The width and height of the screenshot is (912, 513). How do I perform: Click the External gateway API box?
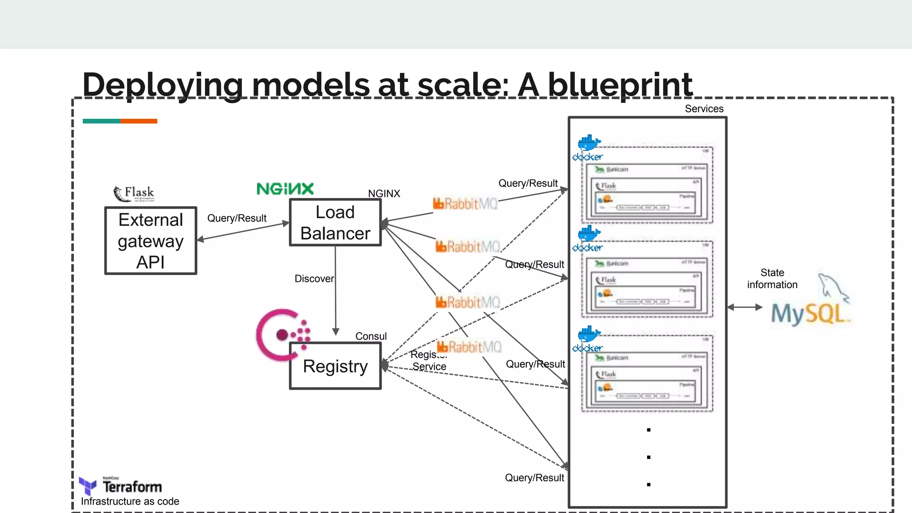click(x=151, y=240)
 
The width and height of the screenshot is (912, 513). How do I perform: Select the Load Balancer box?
click(x=335, y=222)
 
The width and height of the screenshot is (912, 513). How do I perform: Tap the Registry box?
click(x=335, y=366)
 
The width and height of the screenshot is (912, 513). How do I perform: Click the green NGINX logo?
click(x=285, y=189)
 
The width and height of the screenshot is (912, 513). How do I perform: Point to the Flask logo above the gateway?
click(x=134, y=193)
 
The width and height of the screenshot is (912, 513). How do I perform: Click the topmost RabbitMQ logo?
click(x=465, y=204)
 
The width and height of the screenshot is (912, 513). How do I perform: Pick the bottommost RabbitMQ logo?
click(x=469, y=347)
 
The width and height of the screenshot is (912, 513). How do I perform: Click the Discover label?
click(x=314, y=279)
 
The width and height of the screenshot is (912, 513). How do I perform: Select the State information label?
click(x=772, y=279)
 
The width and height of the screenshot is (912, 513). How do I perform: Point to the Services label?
click(x=704, y=109)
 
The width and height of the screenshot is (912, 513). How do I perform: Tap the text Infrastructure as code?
click(x=130, y=501)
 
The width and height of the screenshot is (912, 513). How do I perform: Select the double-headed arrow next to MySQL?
click(x=745, y=307)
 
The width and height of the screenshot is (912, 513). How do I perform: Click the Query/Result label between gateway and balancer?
click(x=236, y=218)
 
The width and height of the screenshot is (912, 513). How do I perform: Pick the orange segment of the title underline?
click(x=138, y=121)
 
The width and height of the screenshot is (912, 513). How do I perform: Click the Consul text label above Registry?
click(x=370, y=336)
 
